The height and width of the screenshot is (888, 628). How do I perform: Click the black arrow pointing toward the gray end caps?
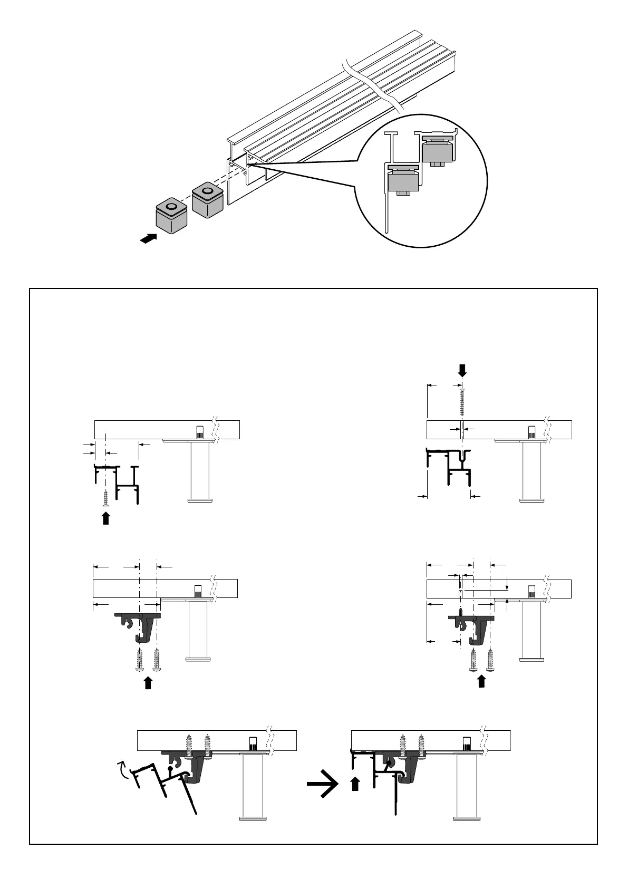[x=149, y=239]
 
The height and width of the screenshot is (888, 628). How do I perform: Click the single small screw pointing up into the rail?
[x=106, y=497]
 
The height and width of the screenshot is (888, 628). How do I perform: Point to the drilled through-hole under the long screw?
[x=462, y=430]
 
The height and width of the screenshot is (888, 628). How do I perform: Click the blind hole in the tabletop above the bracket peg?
[x=460, y=593]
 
